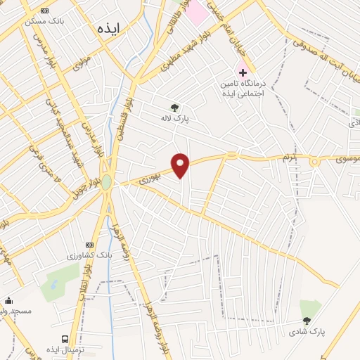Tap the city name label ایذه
click(110, 30)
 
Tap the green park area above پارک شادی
click(309, 308)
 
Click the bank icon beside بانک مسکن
click(46, 11)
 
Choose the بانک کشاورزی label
click(85, 255)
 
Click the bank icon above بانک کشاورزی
click(88, 243)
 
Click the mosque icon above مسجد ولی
click(8, 300)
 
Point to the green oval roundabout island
click(106, 182)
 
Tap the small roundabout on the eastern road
click(314, 162)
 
